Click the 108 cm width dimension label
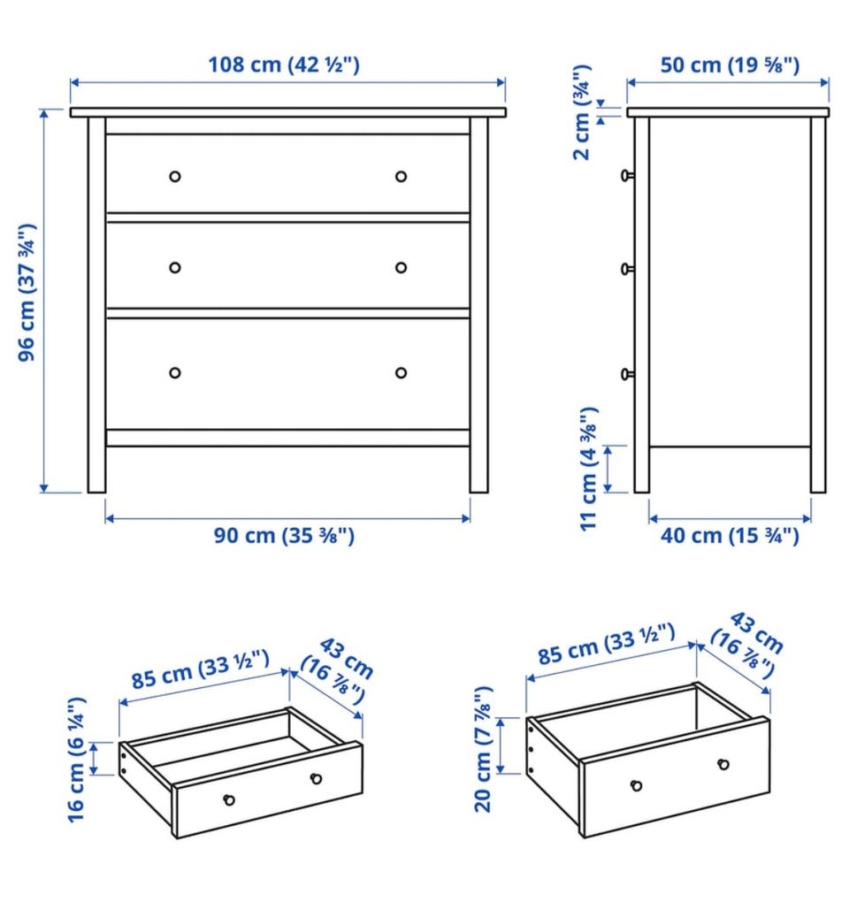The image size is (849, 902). pyautogui.click(x=284, y=65)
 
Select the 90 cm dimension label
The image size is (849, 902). pyautogui.click(x=284, y=536)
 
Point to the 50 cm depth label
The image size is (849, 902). pyautogui.click(x=730, y=65)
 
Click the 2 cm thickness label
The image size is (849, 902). pyautogui.click(x=582, y=112)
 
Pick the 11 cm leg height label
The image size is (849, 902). pyautogui.click(x=589, y=469)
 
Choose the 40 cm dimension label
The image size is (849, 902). pyautogui.click(x=730, y=536)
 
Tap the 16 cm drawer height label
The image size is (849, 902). pyautogui.click(x=77, y=760)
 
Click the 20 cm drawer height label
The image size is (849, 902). pyautogui.click(x=483, y=749)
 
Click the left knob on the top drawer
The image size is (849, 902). pyautogui.click(x=175, y=177)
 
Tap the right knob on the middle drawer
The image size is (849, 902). pyautogui.click(x=401, y=267)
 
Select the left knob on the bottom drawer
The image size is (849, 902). pyautogui.click(x=175, y=373)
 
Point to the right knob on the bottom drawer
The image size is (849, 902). pyautogui.click(x=401, y=373)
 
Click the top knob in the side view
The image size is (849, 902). pyautogui.click(x=627, y=175)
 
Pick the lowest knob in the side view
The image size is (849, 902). pyautogui.click(x=627, y=374)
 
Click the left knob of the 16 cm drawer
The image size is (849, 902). pyautogui.click(x=229, y=799)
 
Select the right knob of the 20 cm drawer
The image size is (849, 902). pyautogui.click(x=723, y=765)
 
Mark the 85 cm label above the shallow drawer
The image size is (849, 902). pyautogui.click(x=200, y=669)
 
